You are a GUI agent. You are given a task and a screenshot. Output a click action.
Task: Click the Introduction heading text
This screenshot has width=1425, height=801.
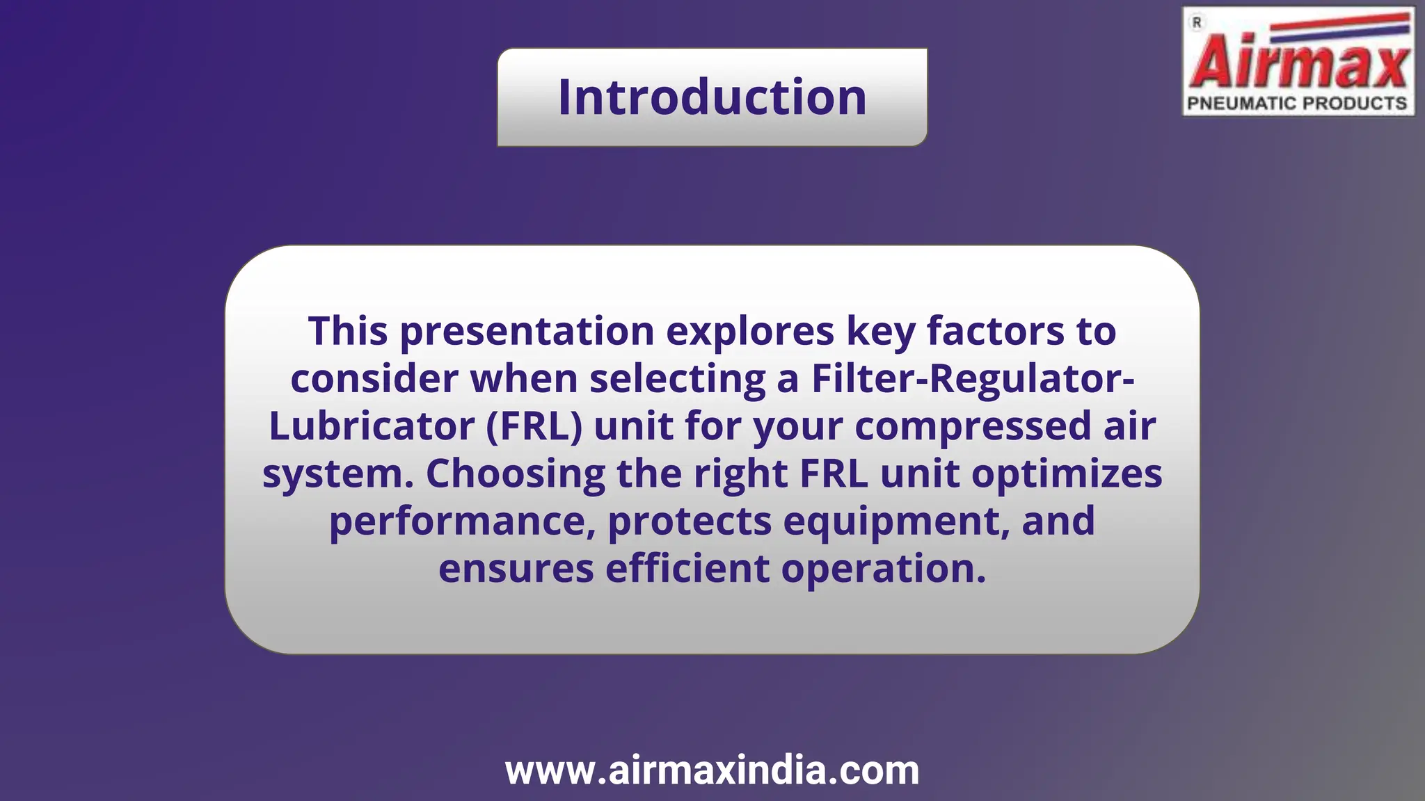pyautogui.click(x=712, y=97)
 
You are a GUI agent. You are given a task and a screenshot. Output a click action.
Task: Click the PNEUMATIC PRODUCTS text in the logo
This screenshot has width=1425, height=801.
pyautogui.click(x=1297, y=104)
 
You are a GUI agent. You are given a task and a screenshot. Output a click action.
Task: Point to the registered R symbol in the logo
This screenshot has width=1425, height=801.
pyautogui.click(x=1197, y=23)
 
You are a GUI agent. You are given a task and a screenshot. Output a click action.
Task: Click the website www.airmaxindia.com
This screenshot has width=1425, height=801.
pyautogui.click(x=712, y=770)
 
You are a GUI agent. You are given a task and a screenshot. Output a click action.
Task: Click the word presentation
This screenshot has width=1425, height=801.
pyautogui.click(x=527, y=331)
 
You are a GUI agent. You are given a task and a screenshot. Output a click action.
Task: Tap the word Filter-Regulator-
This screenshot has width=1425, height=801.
pyautogui.click(x=973, y=379)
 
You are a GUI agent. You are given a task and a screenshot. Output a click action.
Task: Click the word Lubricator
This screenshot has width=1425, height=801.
pyautogui.click(x=372, y=426)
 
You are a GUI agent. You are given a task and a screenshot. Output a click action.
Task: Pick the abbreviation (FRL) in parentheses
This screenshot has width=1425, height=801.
pyautogui.click(x=534, y=426)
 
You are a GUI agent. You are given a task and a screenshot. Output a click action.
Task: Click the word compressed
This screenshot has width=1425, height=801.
pyautogui.click(x=973, y=426)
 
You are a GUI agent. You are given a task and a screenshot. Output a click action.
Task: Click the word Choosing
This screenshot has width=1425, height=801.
pyautogui.click(x=515, y=474)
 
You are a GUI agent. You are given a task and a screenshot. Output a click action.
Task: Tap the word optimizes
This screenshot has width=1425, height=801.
pyautogui.click(x=1067, y=474)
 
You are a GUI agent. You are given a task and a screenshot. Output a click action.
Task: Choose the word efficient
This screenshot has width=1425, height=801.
pyautogui.click(x=687, y=569)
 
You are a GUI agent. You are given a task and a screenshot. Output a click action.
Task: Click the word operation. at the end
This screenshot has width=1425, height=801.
pyautogui.click(x=884, y=569)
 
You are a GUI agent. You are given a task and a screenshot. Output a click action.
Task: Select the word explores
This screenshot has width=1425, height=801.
pyautogui.click(x=750, y=331)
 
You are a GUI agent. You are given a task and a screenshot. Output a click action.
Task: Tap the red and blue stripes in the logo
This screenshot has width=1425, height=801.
pyautogui.click(x=1339, y=26)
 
